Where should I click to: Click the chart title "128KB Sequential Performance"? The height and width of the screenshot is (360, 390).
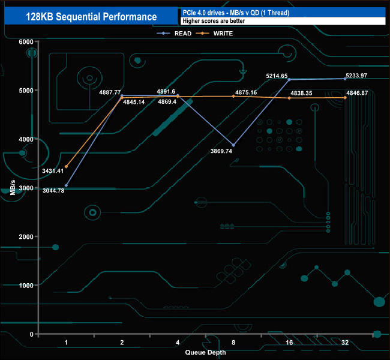(92, 17)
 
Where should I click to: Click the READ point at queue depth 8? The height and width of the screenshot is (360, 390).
(233, 145)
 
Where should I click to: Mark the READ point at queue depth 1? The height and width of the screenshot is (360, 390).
(66, 185)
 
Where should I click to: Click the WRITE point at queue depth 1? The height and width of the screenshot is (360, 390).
(66, 166)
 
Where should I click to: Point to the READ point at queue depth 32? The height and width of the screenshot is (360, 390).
(345, 79)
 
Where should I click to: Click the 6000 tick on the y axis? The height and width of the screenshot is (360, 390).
(26, 41)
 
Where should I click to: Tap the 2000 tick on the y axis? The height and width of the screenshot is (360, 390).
(26, 236)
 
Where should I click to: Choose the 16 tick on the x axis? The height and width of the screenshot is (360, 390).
(289, 342)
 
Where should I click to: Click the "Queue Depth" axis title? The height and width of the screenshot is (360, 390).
(206, 352)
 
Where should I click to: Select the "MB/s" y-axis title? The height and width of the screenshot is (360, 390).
(13, 187)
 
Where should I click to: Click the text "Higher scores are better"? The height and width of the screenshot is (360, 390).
(211, 21)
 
